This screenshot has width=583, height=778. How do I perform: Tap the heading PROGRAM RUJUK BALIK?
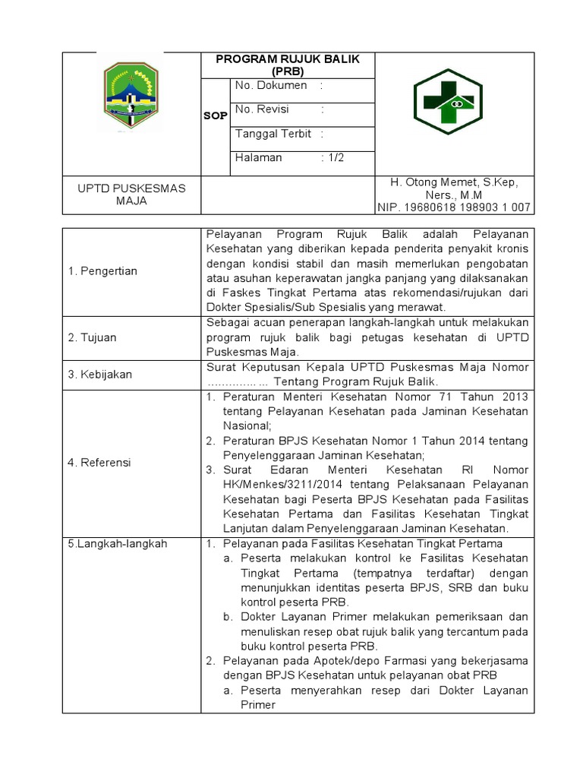[x=288, y=59]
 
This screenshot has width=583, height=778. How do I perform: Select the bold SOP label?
[x=215, y=115]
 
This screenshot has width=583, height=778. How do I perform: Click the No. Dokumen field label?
[x=271, y=86]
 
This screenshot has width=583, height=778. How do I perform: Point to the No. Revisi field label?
[x=262, y=109]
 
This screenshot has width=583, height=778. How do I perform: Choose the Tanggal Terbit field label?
[x=273, y=134]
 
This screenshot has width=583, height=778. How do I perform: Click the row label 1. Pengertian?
[x=103, y=271]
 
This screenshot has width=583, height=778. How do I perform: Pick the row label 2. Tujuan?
[x=96, y=337]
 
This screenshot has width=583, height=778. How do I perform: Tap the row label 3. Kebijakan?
[x=100, y=374]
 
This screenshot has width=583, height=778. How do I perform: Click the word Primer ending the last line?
[x=257, y=704]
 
